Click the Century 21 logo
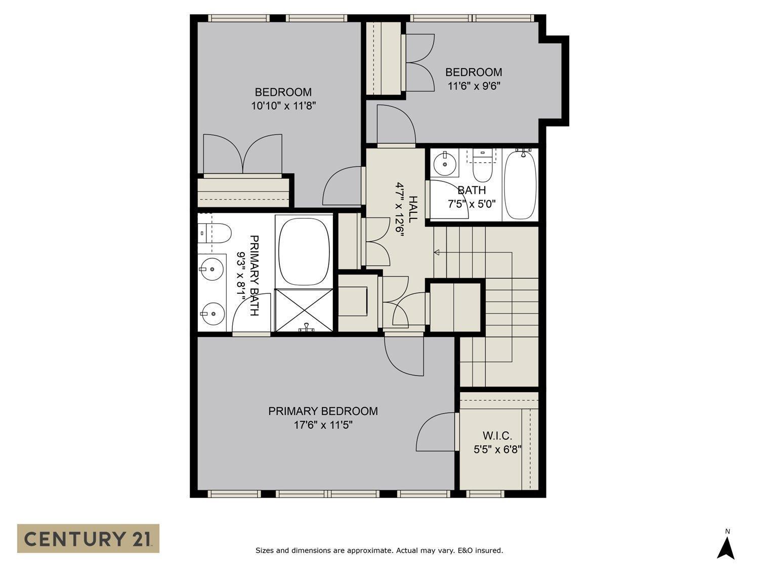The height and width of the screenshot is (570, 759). pos(88,538)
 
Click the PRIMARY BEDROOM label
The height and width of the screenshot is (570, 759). pos(323,411)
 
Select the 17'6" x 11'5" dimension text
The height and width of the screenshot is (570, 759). pos(323,425)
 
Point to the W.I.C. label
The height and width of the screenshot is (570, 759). pos(497,436)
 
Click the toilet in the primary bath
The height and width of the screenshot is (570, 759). pos(215,234)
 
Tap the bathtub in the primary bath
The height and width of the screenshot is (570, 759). pos(304,251)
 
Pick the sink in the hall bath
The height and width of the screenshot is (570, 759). pos(445,163)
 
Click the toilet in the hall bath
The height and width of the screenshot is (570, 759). pos(482,165)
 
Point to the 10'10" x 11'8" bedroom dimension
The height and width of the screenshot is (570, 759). pos(283,106)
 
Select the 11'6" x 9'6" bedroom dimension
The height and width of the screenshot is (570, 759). pos(474,86)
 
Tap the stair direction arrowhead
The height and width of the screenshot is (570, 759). pos(437,252)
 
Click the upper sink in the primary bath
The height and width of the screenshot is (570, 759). pos(212,269)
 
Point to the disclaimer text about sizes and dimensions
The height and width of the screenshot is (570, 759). pos(379,550)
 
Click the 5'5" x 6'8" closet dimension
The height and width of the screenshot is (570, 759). pos(497,449)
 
